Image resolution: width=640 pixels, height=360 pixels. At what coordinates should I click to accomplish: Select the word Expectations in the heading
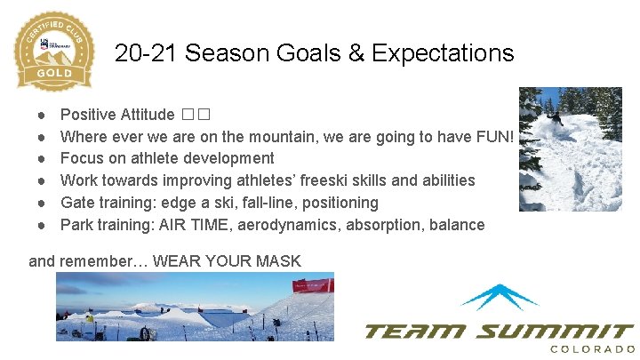click(443, 53)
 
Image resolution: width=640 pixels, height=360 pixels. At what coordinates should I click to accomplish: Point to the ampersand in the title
click(354, 53)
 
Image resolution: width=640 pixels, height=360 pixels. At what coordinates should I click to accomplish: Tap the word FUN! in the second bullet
click(495, 136)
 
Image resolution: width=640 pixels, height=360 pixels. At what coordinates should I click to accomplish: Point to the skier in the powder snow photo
click(555, 116)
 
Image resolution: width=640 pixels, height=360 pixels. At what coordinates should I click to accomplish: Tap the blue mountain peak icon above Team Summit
click(500, 296)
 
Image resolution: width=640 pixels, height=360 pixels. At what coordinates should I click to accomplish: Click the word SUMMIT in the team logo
click(552, 331)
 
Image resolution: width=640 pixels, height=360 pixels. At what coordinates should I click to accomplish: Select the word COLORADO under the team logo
click(592, 349)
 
